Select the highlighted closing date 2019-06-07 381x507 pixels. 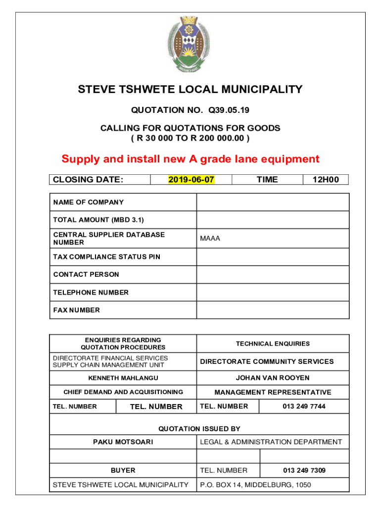point(191,180)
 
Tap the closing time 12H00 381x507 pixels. point(326,180)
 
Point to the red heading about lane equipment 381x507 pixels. point(190,159)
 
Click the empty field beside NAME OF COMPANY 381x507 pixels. point(273,202)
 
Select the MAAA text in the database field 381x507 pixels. point(210,239)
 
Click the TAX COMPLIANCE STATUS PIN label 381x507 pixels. point(106,257)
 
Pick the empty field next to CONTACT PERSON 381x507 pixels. point(273,274)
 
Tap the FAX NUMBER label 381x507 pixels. point(76,310)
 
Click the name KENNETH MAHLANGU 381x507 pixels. point(123,378)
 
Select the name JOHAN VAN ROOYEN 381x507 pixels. point(273,378)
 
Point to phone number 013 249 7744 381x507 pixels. point(304,406)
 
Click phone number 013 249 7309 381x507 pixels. point(304,470)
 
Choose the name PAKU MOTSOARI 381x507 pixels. point(123,442)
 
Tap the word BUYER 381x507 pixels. point(123,470)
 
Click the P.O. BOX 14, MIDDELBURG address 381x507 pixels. point(255,485)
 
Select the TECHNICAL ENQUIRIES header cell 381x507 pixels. point(273,344)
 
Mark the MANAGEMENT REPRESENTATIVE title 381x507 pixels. point(273,392)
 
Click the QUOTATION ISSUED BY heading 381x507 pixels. point(199,428)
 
